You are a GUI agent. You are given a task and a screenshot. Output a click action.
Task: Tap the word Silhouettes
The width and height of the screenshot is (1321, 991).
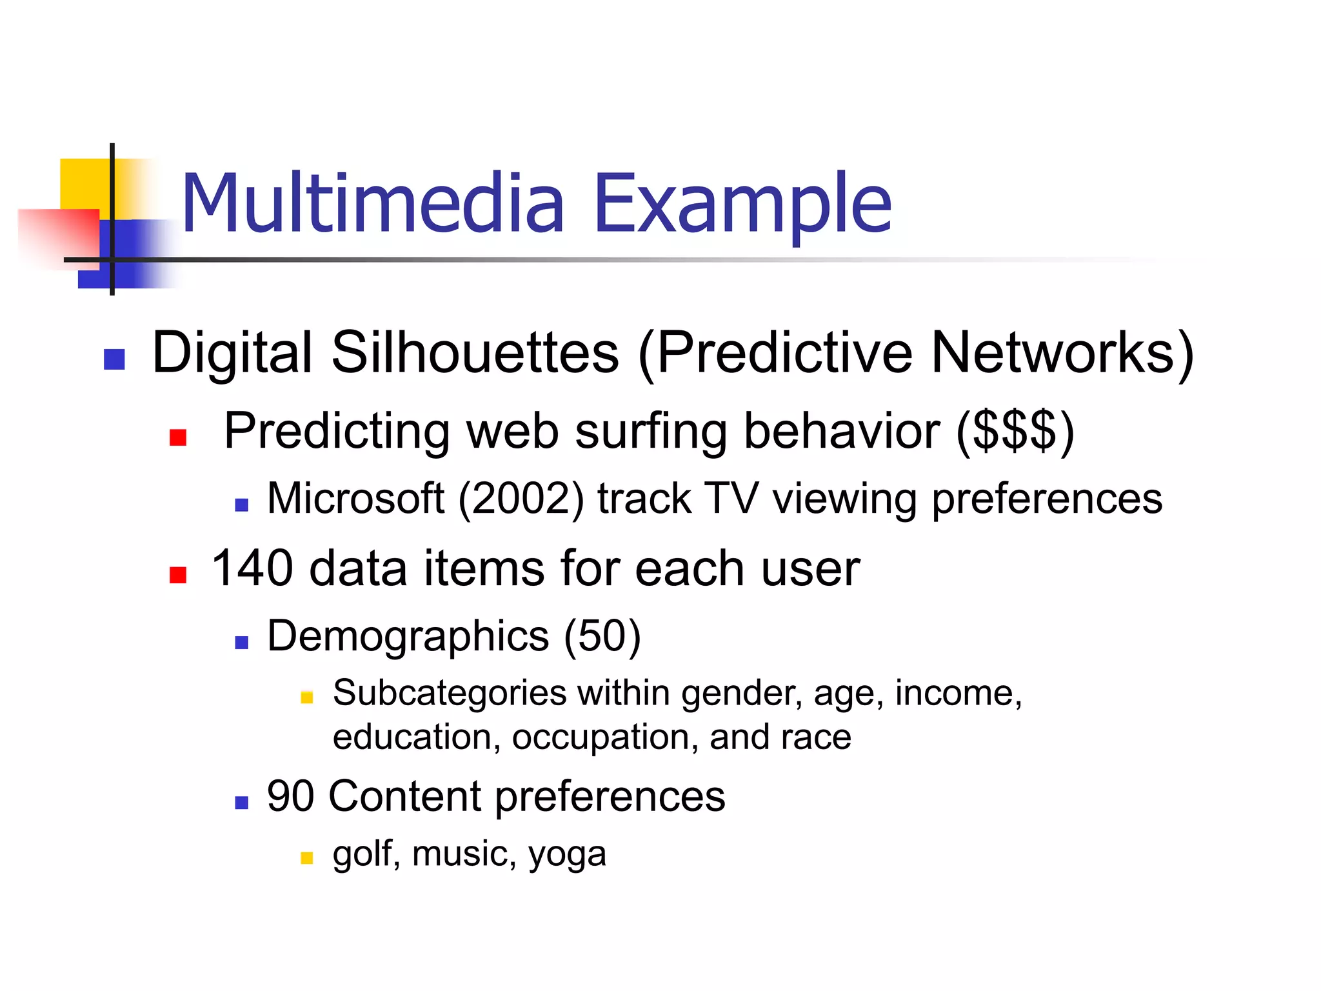pos(475,353)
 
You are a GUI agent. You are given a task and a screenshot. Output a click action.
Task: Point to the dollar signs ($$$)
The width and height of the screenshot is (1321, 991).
pos(1015,431)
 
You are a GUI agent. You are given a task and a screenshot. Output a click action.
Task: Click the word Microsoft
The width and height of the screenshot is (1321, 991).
pos(355,499)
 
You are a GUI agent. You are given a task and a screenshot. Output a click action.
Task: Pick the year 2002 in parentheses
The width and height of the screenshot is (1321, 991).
pos(521,499)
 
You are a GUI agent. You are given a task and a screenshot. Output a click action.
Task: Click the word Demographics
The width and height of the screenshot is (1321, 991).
pos(408,636)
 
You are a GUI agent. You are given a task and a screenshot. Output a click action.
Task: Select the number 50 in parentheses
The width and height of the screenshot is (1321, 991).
pos(602,636)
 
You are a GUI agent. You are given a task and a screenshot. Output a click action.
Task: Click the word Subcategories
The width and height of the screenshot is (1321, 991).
pos(450,694)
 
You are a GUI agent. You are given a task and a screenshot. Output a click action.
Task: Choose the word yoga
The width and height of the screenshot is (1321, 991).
pos(568,854)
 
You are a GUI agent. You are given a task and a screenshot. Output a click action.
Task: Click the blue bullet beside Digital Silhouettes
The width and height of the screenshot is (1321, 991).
pos(114,359)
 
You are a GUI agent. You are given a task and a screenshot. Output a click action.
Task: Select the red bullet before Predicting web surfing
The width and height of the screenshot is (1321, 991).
pos(178,438)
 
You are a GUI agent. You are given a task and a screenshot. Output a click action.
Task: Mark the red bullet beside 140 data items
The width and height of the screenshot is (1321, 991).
pos(178,575)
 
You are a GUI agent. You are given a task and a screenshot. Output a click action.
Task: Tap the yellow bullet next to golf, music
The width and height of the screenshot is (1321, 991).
pos(307,858)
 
